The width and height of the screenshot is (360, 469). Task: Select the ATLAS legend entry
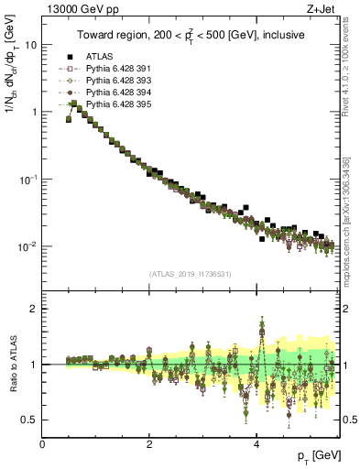point(101,56)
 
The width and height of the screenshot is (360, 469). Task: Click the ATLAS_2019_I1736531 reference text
point(190,274)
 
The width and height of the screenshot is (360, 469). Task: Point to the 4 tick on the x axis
point(256,443)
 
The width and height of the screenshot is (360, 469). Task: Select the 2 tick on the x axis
point(149,443)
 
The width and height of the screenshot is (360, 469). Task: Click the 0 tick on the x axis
point(43,443)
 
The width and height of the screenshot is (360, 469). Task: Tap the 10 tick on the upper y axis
point(32,44)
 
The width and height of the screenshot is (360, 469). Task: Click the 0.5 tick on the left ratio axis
point(30,420)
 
